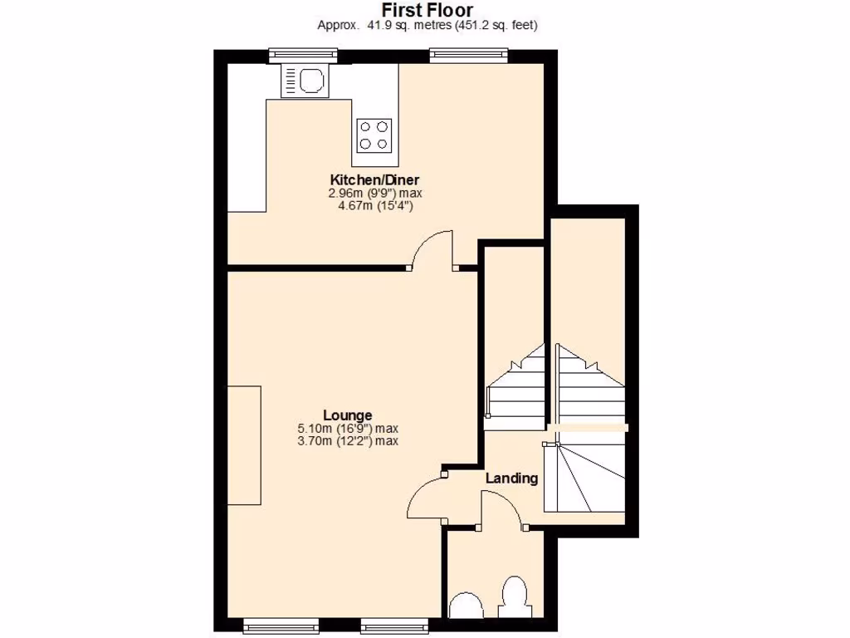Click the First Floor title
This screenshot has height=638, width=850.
[x=427, y=10]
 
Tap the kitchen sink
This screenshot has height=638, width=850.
[x=305, y=81]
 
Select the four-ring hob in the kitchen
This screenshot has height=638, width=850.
[x=374, y=135]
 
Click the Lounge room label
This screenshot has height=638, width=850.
[x=347, y=415]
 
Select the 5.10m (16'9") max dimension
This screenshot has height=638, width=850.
[x=347, y=429]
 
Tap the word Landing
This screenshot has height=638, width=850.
[x=511, y=478]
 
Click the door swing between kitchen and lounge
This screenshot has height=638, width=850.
[x=433, y=251]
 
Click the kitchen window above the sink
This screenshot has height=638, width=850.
[x=304, y=56]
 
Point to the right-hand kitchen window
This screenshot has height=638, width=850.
[x=469, y=56]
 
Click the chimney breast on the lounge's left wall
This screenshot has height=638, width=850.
[x=245, y=444]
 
